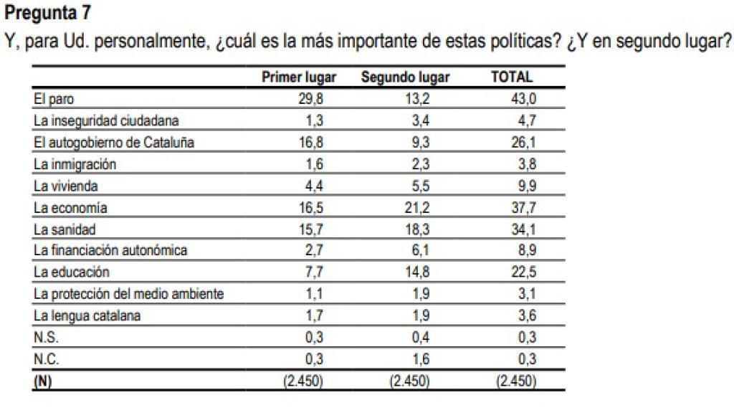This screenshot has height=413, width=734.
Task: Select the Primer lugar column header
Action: (x=299, y=77)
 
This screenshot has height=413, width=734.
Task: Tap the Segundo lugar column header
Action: (x=405, y=77)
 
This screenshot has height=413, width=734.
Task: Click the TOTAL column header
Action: (x=512, y=77)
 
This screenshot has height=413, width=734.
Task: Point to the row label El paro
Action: (x=54, y=99)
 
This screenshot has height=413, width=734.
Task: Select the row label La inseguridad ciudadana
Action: (x=106, y=120)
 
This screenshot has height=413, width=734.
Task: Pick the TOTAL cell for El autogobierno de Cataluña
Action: (x=521, y=142)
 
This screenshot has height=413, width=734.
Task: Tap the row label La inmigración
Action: (x=75, y=164)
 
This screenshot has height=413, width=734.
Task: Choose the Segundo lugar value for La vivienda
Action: (x=420, y=186)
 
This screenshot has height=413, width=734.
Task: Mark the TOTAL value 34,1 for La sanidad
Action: (x=521, y=229)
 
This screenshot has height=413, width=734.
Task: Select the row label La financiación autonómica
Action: (x=110, y=251)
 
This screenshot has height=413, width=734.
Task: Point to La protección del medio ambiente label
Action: (x=129, y=294)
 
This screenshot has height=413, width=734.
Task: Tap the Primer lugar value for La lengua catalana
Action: (x=315, y=315)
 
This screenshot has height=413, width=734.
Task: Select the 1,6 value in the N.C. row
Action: (x=420, y=359)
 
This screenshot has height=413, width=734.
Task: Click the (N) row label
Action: (x=43, y=381)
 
